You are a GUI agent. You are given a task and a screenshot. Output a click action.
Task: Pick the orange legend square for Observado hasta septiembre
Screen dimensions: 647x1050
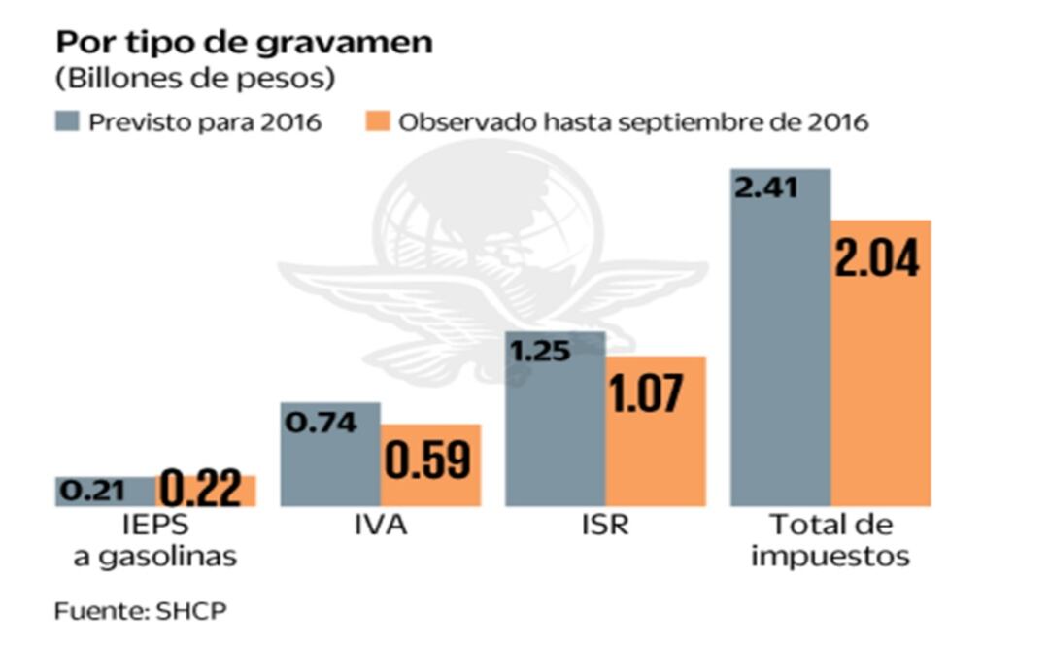coord(381,122)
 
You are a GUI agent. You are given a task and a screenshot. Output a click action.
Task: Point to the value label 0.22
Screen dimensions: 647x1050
coord(199,490)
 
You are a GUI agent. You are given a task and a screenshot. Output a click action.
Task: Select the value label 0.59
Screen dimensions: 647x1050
coord(427,461)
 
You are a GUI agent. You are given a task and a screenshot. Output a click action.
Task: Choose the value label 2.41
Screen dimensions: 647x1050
coord(766,187)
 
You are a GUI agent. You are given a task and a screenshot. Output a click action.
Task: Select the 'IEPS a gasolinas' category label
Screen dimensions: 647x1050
coord(156,541)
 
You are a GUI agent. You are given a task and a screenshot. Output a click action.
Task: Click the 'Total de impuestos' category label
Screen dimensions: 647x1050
coord(830,541)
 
